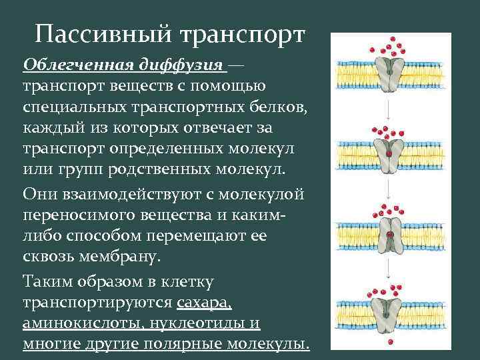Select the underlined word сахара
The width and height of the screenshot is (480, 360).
205,304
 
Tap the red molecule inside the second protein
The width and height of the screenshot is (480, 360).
387,153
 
